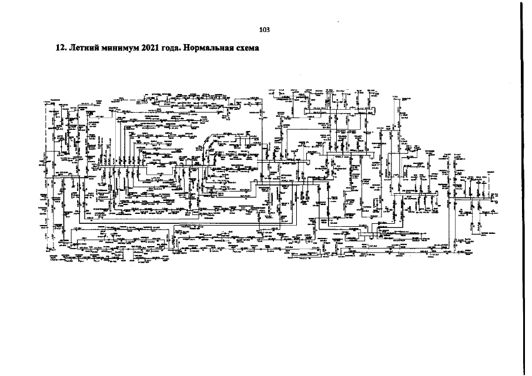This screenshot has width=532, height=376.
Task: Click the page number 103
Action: tap(264, 29)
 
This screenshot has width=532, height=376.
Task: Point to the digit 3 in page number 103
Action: tap(267, 29)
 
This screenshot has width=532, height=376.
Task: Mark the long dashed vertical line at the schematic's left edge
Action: tap(45, 176)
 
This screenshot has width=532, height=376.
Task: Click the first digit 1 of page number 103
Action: tap(260, 29)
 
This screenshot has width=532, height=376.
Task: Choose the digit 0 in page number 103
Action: tap(264, 29)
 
